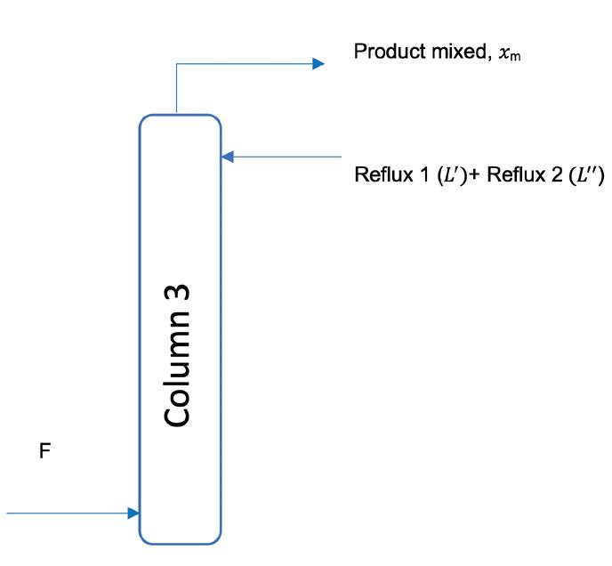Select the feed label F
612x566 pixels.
pyautogui.click(x=44, y=453)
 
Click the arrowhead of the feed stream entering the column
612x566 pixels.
pyautogui.click(x=133, y=513)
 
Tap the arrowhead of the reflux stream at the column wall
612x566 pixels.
pyautogui.click(x=227, y=157)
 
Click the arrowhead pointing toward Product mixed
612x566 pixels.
pyautogui.click(x=318, y=63)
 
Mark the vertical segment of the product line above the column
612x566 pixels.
pyautogui.click(x=177, y=89)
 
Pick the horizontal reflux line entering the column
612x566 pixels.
pyautogui.click(x=285, y=157)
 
